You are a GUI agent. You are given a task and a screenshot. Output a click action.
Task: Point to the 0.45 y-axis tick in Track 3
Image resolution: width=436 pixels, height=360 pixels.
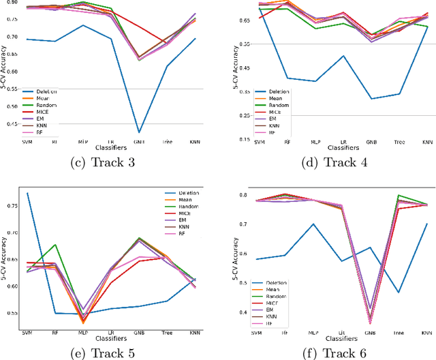point(12,124)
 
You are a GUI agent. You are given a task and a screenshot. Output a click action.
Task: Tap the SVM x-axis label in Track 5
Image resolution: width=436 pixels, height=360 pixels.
point(27,333)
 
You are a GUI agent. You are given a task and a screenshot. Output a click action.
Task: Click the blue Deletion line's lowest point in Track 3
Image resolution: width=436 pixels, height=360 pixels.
point(140,132)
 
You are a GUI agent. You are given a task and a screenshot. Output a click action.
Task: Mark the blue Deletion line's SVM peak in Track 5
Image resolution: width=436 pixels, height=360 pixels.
point(27,193)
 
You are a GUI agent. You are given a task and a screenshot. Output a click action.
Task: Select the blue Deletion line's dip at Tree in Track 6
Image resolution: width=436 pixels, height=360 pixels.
point(398,292)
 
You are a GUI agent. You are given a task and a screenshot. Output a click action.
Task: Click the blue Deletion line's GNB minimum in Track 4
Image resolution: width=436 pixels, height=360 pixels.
point(371,99)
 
